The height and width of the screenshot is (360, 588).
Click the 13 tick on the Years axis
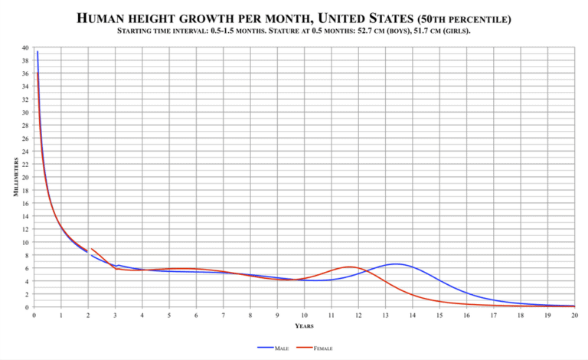[x=385, y=315]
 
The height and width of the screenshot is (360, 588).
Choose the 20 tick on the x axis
[x=574, y=315]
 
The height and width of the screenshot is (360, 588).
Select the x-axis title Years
[x=304, y=326]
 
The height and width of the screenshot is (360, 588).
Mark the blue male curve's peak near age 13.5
[x=395, y=263]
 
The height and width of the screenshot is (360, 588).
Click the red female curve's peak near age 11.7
[x=350, y=267]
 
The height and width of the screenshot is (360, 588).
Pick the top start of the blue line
[x=37, y=52]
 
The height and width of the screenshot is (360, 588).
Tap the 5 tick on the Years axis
[x=169, y=315]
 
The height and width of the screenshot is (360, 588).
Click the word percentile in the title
[x=472, y=18]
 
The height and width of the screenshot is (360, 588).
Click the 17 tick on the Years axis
[x=493, y=315]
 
